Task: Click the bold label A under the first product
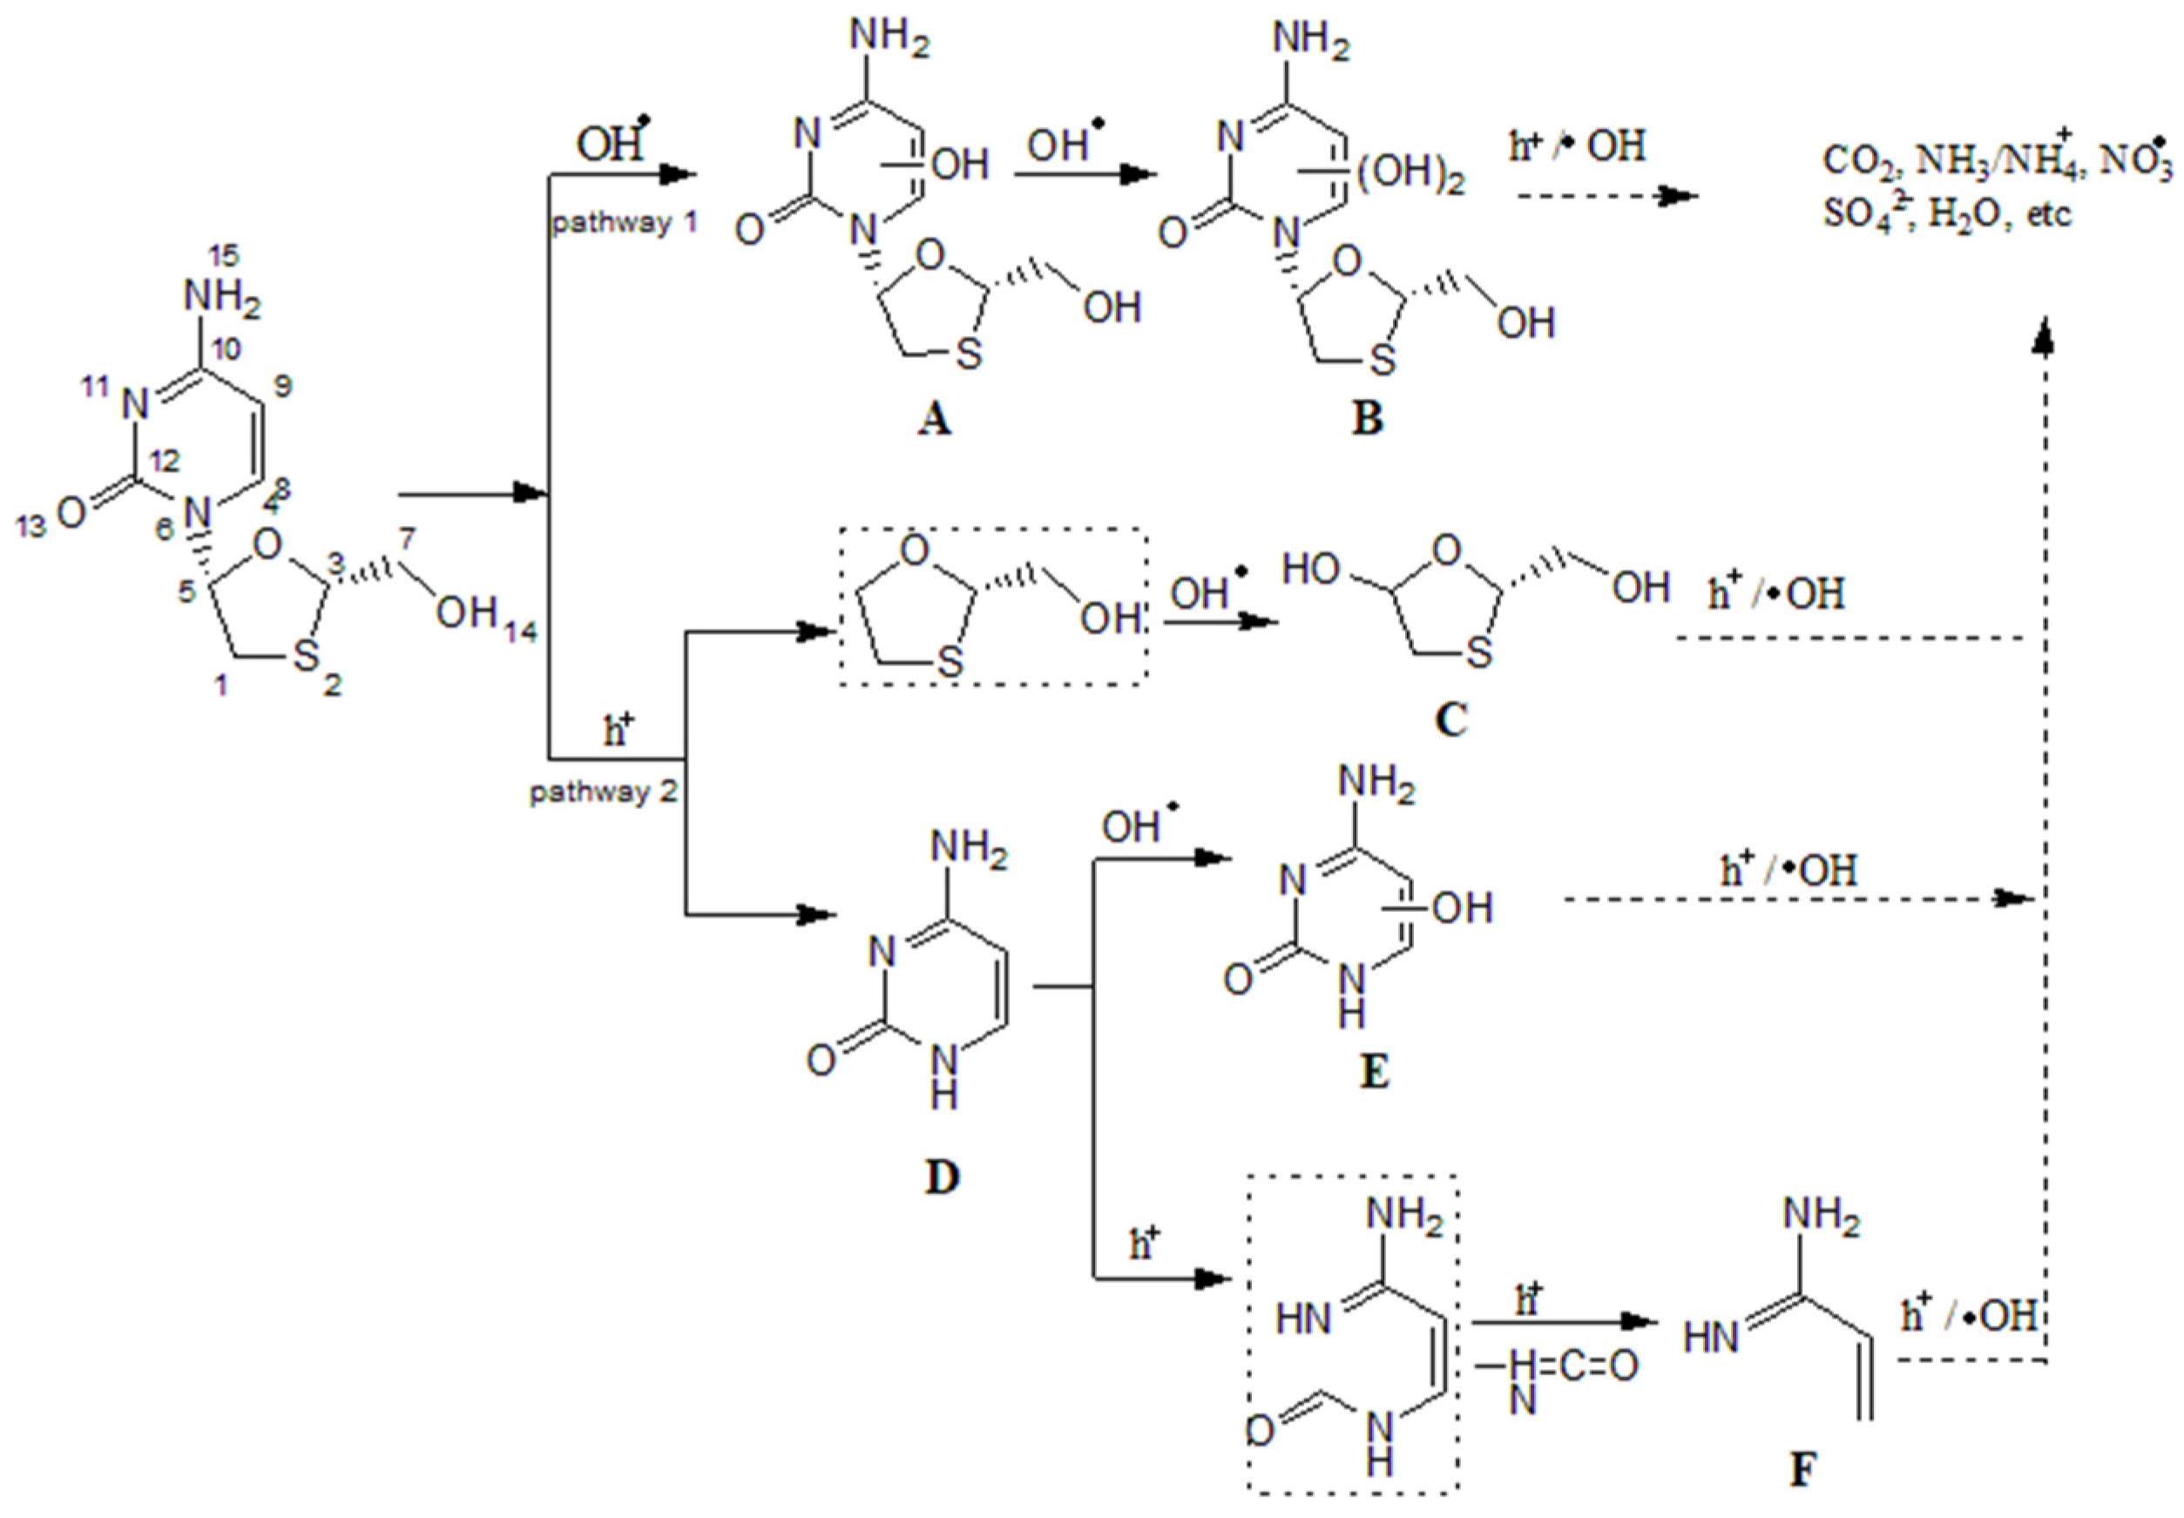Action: click(x=934, y=419)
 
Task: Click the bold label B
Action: click(x=1367, y=419)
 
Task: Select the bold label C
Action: click(x=1450, y=720)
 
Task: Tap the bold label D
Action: click(x=942, y=1177)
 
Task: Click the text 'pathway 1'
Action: click(x=625, y=225)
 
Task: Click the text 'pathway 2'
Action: click(x=603, y=792)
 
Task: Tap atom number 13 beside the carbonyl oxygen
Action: click(x=31, y=525)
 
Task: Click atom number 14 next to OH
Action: click(x=521, y=631)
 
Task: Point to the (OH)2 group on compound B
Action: click(x=1411, y=182)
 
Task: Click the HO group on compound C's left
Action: click(x=1311, y=570)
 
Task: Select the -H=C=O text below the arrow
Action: click(x=1557, y=1366)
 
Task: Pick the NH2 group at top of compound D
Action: click(x=969, y=845)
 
